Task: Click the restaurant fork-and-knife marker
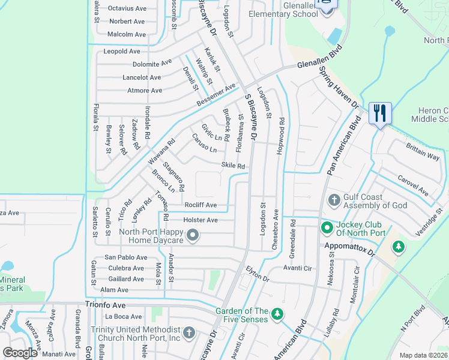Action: pyautogui.click(x=380, y=113)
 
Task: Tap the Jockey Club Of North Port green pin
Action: pyautogui.click(x=327, y=227)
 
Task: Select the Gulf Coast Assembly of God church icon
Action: pyautogui.click(x=334, y=199)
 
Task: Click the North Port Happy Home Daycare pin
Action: pyautogui.click(x=193, y=235)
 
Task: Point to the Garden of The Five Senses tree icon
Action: pyautogui.click(x=277, y=314)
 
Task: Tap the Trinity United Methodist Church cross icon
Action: pyautogui.click(x=188, y=332)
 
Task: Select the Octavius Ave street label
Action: pyautogui.click(x=127, y=8)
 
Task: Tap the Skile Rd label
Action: pyautogui.click(x=234, y=166)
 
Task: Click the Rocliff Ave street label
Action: pyautogui.click(x=200, y=205)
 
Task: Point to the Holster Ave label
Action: pyautogui.click(x=200, y=220)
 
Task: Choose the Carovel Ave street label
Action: pyautogui.click(x=413, y=185)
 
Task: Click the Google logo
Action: pyautogui.click(x=20, y=353)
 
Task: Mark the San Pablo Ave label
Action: pyautogui.click(x=125, y=257)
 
